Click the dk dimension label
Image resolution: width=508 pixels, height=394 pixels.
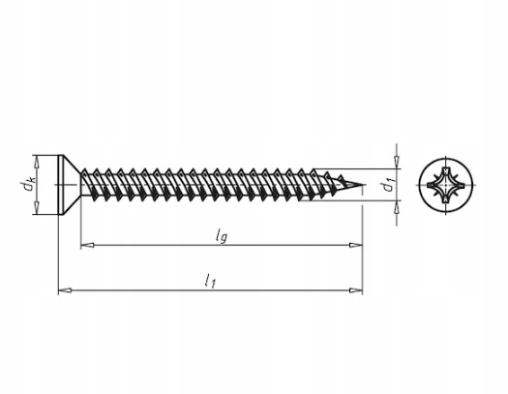(28, 185)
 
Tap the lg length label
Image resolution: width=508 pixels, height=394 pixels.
(222, 236)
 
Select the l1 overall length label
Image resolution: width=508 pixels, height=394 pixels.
(210, 281)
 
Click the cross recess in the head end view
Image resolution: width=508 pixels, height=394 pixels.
(446, 185)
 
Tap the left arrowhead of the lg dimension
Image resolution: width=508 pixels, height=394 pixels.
(87, 245)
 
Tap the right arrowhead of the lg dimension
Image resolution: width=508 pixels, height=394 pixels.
(356, 245)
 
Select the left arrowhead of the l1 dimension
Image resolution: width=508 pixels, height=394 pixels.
(65, 290)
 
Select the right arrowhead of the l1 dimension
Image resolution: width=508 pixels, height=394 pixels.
(356, 290)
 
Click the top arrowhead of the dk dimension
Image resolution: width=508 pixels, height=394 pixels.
(37, 162)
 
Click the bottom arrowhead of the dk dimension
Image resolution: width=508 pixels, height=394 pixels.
(37, 208)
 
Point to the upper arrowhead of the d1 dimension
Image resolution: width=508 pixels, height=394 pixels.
(397, 163)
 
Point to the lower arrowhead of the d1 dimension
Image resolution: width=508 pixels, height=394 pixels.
(397, 207)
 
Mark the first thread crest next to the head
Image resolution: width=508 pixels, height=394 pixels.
(85, 171)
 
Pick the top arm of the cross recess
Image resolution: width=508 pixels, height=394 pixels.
(446, 171)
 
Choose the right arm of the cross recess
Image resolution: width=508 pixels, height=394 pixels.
(461, 185)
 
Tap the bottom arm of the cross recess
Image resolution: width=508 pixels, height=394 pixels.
(446, 199)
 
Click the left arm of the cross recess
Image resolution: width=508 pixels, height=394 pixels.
(433, 185)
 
